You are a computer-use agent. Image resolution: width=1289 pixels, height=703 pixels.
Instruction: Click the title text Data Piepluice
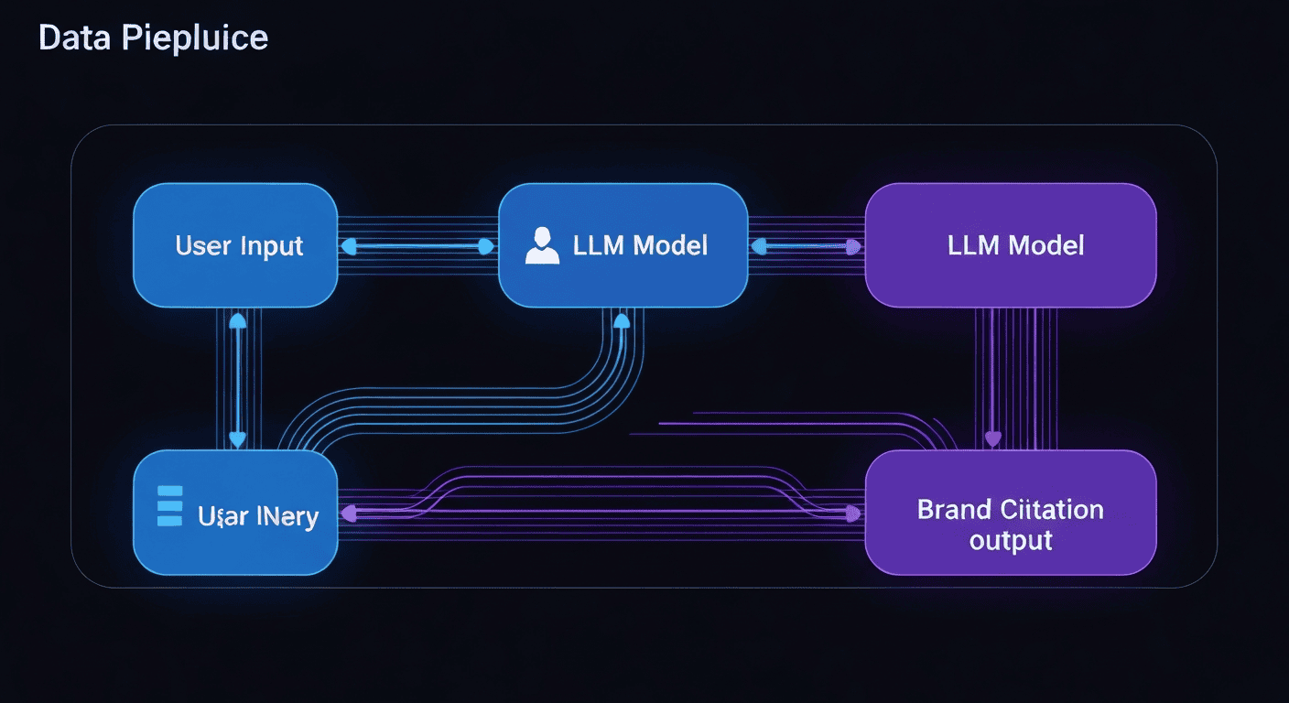coord(153,38)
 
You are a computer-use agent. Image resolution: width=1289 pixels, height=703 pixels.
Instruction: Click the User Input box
coord(235,245)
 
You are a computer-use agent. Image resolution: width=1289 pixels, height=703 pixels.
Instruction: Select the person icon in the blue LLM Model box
coord(542,246)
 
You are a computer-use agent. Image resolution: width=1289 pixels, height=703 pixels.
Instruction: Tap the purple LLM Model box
coord(1010,245)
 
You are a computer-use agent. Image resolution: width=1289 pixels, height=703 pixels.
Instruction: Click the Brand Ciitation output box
coord(1010,513)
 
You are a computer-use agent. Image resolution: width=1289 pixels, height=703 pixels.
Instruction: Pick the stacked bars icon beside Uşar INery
coord(170,505)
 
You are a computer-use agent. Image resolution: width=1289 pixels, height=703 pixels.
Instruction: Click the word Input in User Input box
coord(272,246)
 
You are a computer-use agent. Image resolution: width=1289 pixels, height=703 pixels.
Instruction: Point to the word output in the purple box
coord(1011,540)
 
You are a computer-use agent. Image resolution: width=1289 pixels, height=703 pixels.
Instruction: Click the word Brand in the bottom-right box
coord(955,510)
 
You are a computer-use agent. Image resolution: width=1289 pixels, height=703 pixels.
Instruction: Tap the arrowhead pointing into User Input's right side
coord(347,246)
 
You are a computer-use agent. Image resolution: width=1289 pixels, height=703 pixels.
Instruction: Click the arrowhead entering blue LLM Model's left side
coord(487,246)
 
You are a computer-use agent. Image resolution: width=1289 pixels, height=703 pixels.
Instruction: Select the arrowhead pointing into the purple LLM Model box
coord(854,246)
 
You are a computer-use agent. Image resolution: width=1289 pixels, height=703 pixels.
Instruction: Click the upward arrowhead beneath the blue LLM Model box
coord(622,320)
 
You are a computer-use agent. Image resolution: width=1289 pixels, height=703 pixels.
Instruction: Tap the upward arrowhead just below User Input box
coord(237,320)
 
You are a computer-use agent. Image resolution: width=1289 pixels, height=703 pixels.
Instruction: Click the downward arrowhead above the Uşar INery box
coord(237,439)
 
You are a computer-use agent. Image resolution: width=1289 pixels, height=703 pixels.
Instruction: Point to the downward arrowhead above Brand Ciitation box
coord(992,439)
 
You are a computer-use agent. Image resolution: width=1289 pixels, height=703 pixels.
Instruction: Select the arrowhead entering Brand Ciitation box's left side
coord(853,514)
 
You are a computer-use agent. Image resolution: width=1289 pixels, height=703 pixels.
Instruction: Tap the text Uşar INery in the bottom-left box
coord(258,516)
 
